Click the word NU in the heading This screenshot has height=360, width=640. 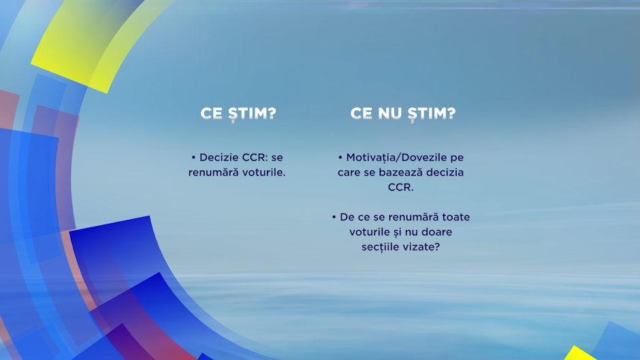tap(391, 114)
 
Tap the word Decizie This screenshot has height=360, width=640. tap(219, 158)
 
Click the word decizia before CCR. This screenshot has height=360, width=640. tap(445, 172)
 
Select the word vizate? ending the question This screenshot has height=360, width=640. tap(421, 247)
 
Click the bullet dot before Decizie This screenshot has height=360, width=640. tap(193, 158)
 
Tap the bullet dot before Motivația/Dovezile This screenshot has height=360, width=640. tap(340, 158)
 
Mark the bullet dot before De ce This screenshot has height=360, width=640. tap(334, 217)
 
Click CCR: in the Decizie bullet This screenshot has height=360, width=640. tap(255, 158)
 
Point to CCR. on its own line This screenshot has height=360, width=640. tap(400, 187)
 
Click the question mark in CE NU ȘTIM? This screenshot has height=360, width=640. tap(451, 114)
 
